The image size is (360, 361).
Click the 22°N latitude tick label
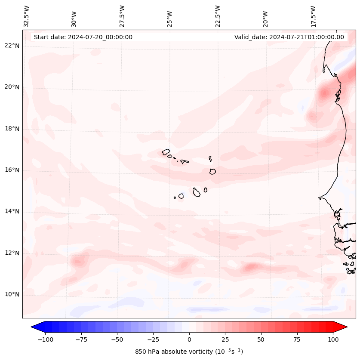click(12, 46)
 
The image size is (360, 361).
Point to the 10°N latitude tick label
click(12, 295)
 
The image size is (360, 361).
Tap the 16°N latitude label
click(12, 170)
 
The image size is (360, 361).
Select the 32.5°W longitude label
click(27, 16)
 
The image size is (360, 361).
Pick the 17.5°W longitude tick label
click(314, 16)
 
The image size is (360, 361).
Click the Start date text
click(83, 37)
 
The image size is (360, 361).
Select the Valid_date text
click(289, 37)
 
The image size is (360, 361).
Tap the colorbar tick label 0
click(189, 339)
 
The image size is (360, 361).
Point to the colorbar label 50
click(261, 339)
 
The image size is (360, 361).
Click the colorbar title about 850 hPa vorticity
click(189, 352)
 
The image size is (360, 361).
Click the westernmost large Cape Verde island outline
click(166, 152)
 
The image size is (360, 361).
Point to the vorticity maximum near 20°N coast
click(324, 93)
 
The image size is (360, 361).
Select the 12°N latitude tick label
click(12, 253)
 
